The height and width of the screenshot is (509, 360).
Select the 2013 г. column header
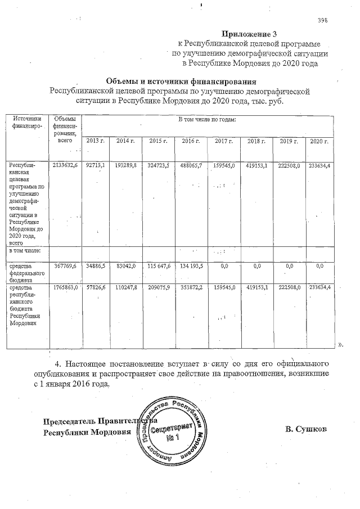[x=96, y=141]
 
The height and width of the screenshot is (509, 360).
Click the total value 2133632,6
[x=64, y=166]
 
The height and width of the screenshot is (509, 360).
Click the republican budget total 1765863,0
[x=64, y=288]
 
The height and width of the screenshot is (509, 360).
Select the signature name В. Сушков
[x=306, y=430]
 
